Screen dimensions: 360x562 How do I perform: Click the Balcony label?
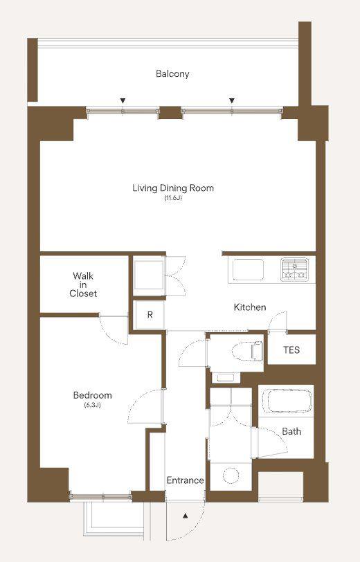(x=172, y=74)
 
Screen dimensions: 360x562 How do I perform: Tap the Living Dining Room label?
(x=173, y=188)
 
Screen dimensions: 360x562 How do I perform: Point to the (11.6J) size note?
(x=174, y=198)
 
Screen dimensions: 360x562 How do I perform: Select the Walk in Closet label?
(x=83, y=284)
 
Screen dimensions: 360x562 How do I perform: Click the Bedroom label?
(x=93, y=395)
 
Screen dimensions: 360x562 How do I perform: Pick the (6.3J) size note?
(x=92, y=406)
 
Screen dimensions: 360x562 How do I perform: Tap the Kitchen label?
(x=250, y=307)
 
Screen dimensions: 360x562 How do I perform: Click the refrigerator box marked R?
(x=150, y=315)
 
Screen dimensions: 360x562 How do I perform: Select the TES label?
(x=291, y=350)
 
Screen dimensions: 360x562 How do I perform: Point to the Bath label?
(x=291, y=431)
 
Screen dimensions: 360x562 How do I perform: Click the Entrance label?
(x=186, y=480)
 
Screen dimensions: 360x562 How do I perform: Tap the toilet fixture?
(x=248, y=352)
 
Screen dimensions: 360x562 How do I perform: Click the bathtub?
(x=287, y=401)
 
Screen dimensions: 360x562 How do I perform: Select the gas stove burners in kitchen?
(x=294, y=269)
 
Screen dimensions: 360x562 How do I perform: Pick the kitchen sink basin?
(x=248, y=269)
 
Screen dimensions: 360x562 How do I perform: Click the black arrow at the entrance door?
(x=186, y=516)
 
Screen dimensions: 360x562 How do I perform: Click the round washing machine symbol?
(x=231, y=476)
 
